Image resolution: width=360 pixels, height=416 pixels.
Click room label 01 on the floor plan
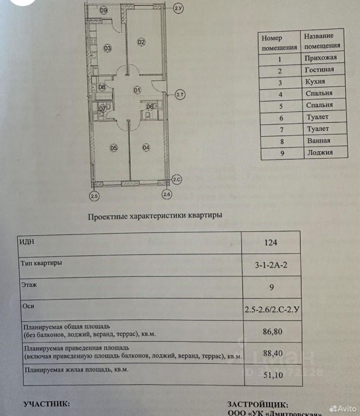tap(137, 91)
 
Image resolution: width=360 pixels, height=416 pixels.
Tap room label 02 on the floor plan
tap(142, 42)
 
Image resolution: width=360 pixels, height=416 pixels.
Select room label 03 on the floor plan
tap(108, 48)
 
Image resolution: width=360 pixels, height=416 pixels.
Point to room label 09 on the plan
tap(103, 11)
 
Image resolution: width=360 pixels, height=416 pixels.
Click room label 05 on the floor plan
tap(114, 148)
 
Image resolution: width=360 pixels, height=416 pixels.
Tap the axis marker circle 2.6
tap(167, 195)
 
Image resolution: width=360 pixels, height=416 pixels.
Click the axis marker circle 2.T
tap(180, 94)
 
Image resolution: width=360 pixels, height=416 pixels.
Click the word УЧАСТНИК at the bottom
tap(46, 403)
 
